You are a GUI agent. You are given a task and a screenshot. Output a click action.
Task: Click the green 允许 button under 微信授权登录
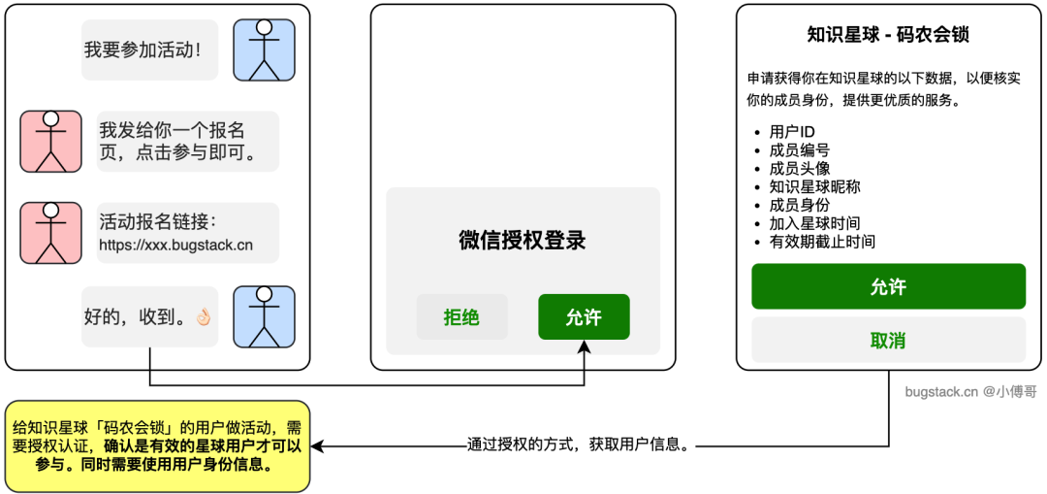coord(584,317)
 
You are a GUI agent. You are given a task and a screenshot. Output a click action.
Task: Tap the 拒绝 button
coord(461,317)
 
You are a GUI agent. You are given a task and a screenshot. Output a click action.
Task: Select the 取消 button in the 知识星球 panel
coord(888,340)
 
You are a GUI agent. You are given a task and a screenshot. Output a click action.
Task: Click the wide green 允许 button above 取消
coord(888,286)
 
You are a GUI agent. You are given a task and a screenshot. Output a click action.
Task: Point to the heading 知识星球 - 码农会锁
coord(888,35)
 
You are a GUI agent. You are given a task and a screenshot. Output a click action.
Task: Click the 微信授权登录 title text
coord(523,241)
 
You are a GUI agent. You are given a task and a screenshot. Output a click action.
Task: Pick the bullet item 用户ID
coord(791,131)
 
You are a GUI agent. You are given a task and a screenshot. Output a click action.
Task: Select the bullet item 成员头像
coord(799,168)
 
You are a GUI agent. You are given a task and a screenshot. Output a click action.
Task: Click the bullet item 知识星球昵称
coord(814,186)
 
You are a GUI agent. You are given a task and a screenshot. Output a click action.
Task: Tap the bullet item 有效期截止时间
coord(822,242)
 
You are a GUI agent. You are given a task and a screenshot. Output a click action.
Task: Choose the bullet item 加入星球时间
coord(814,223)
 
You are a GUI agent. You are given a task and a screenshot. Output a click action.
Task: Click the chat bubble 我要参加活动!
coord(143,49)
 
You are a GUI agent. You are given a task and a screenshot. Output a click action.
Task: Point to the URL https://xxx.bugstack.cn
coord(175,245)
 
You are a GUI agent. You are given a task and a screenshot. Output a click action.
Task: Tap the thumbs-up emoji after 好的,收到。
coord(203,317)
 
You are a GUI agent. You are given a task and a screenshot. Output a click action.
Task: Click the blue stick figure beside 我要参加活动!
coord(264,49)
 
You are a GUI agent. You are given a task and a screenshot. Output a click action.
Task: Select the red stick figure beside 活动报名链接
coord(51,233)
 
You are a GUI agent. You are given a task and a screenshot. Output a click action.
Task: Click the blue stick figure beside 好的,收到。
coord(264,316)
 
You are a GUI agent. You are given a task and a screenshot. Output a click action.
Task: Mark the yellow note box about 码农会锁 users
coord(157,445)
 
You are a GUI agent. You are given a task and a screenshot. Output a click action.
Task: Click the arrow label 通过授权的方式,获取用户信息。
coord(578,445)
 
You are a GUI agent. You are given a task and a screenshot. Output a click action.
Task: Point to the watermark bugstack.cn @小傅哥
coord(969,392)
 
